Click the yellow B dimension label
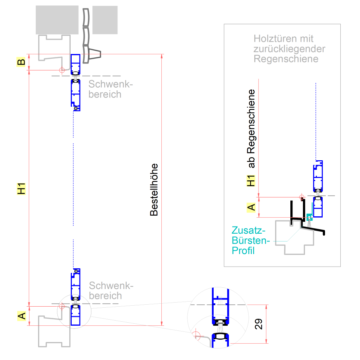tap(21, 62)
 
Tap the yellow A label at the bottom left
tap(21, 316)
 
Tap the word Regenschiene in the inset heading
tap(286, 59)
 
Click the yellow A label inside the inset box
tap(251, 207)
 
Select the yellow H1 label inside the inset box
tap(251, 181)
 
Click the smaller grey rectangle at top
tap(105, 20)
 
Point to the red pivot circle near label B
tap(62, 70)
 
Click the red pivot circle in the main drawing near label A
tap(62, 306)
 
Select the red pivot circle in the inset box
tap(301, 197)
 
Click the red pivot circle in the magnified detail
tap(195, 334)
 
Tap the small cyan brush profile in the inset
tap(309, 217)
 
